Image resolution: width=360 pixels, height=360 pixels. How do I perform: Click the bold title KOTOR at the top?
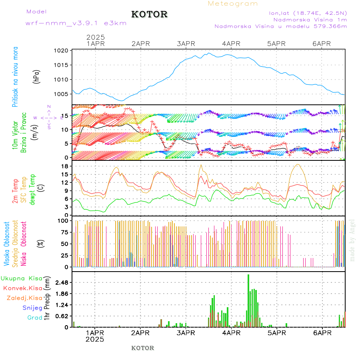pos(149,14)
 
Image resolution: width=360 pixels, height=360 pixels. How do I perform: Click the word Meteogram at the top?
pos(233,4)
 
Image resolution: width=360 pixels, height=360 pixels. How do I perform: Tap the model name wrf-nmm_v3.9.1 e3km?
pos(76,23)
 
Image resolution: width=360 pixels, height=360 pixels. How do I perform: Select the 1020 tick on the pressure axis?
pos(62,51)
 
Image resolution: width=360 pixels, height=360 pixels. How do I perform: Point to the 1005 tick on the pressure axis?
pos(62,94)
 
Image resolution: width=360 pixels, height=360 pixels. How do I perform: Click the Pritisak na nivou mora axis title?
pos(15,77)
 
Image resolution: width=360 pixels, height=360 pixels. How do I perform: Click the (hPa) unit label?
pos(37,76)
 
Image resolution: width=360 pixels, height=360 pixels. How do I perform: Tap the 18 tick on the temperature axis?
pos(64,166)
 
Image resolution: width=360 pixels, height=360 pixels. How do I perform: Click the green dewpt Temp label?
pos(32,189)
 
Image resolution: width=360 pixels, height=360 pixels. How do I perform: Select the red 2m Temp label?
pos(15,191)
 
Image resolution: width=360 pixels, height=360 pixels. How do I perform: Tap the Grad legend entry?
pos(34,318)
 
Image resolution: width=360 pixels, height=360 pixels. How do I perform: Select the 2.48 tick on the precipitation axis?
pos(61,282)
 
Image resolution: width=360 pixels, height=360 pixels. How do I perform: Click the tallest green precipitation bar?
pos(248,300)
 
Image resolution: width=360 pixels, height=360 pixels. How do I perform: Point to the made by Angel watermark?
pos(352,240)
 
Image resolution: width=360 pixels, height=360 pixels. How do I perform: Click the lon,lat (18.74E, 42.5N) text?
pos(308,13)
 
